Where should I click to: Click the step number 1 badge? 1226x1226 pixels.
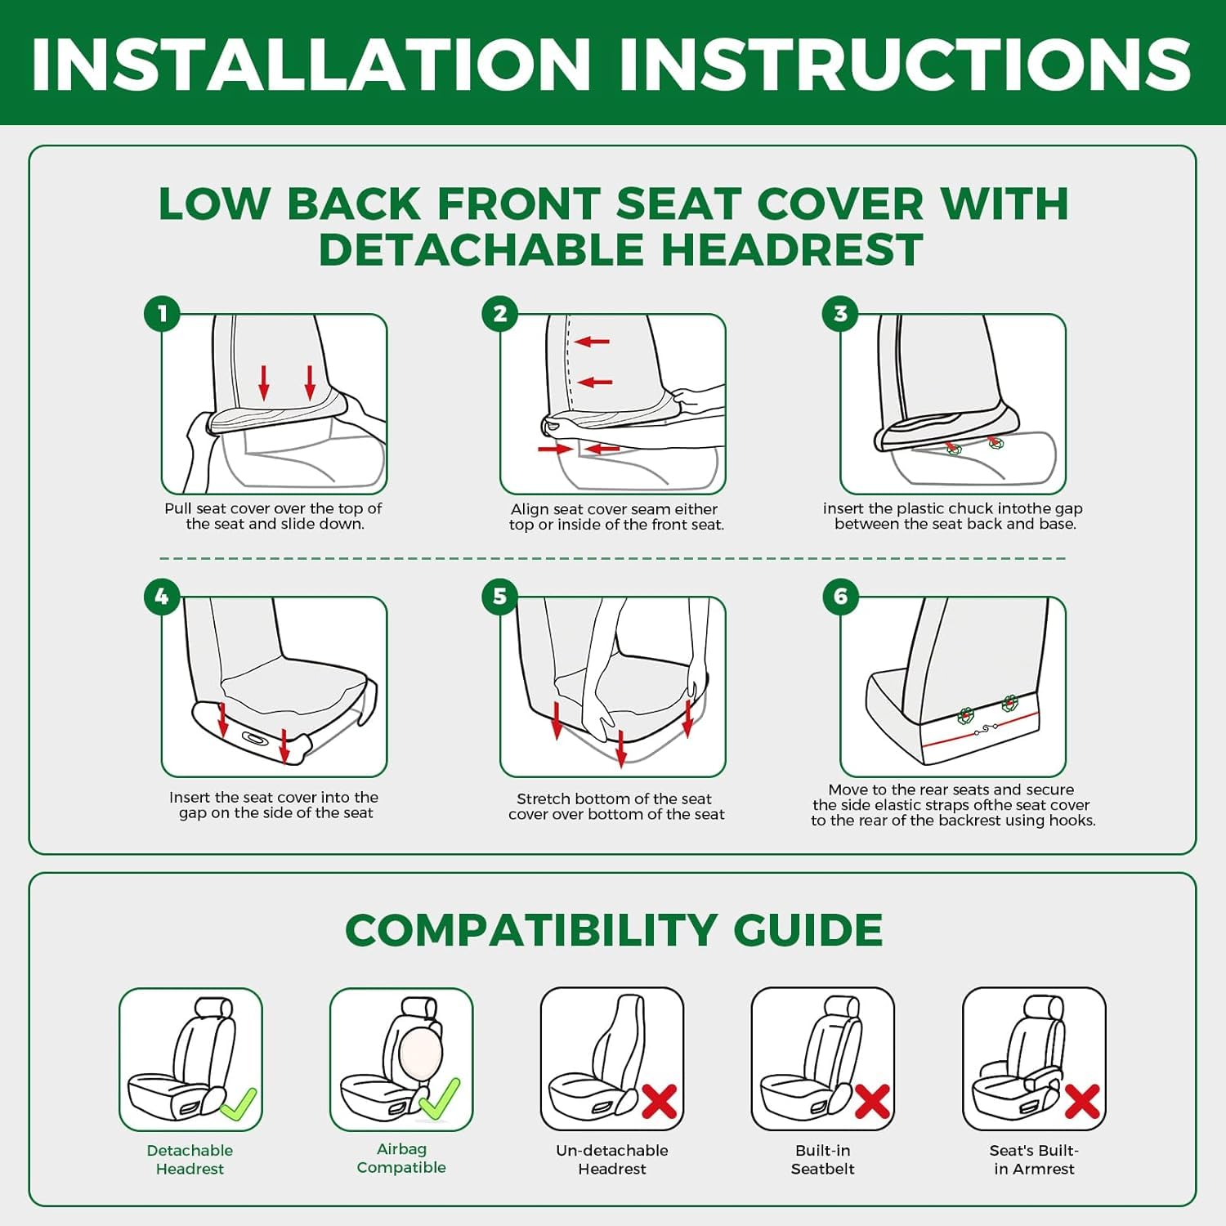(162, 313)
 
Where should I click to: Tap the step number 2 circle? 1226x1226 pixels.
(500, 313)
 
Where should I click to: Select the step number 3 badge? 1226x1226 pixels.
(840, 313)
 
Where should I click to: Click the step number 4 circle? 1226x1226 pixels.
(162, 597)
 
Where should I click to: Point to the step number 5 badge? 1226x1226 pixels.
(500, 597)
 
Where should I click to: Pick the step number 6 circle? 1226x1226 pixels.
(840, 597)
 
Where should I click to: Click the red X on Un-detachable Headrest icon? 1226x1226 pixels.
(660, 1101)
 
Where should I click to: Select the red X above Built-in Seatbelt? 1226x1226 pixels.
(872, 1101)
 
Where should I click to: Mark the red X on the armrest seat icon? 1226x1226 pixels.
(1082, 1101)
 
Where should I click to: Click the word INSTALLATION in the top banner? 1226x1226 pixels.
(311, 64)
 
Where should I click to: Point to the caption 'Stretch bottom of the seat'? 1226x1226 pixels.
(614, 799)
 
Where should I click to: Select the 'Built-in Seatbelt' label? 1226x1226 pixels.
(823, 1160)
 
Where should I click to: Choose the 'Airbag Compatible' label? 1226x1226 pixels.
(401, 1158)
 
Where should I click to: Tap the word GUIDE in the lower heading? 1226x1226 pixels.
(808, 930)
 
